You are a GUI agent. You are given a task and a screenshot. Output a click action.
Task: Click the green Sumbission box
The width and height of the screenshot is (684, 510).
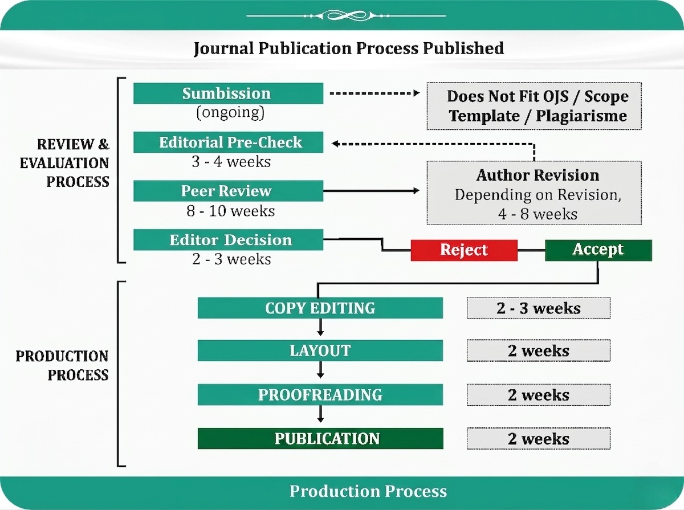228,93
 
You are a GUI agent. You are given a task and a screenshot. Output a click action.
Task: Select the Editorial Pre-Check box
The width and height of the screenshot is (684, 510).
228,142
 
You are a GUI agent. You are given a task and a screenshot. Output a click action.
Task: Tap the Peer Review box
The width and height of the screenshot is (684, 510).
228,191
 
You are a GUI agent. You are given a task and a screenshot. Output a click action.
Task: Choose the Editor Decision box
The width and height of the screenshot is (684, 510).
228,239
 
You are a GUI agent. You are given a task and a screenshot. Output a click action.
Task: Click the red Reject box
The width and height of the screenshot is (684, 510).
464,250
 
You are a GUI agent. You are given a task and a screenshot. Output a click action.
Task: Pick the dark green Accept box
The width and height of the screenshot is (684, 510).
598,250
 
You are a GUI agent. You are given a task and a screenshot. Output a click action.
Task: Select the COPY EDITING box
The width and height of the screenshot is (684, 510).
320,308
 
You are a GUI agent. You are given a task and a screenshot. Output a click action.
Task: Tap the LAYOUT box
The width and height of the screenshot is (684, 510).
320,350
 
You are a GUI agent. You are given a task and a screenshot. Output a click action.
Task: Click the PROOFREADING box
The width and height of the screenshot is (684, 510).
320,395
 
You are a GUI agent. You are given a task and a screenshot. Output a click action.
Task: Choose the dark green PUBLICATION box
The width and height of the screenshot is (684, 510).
320,438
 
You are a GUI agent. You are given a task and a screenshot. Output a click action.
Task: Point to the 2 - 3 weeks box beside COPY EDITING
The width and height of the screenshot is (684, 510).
539,308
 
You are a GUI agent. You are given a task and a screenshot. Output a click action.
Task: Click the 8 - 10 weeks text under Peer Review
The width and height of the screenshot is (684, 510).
231,211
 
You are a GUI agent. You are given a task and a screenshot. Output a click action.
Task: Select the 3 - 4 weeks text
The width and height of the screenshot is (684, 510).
231,162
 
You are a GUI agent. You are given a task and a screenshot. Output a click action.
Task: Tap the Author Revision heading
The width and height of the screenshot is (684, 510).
538,175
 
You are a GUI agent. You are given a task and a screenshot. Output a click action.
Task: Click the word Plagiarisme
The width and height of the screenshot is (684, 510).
581,116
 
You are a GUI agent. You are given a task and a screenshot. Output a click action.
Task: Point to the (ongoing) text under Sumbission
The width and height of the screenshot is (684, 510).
230,112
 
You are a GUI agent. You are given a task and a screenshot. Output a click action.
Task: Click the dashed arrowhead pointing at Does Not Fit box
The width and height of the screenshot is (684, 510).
416,93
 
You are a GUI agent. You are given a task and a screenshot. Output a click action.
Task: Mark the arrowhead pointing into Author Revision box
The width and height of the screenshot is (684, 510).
416,191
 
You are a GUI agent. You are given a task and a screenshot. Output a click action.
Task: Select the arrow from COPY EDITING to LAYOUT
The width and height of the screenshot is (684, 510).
320,327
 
